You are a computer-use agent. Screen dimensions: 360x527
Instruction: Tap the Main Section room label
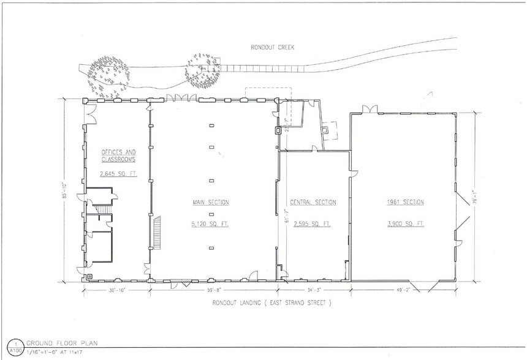210,202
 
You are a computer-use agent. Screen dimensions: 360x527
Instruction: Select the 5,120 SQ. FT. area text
210,224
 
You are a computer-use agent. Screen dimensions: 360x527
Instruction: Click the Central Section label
314,202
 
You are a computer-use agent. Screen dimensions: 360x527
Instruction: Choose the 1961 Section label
405,202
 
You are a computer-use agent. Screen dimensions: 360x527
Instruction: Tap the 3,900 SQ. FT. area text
405,224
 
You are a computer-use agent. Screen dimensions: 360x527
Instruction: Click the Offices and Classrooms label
118,156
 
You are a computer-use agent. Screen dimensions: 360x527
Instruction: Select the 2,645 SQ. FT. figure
118,174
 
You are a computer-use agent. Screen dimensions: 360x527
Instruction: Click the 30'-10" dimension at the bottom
117,290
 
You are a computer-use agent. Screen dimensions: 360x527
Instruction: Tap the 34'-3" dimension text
314,290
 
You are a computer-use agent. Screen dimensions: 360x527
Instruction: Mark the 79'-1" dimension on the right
475,199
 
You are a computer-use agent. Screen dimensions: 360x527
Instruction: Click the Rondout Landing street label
271,302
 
